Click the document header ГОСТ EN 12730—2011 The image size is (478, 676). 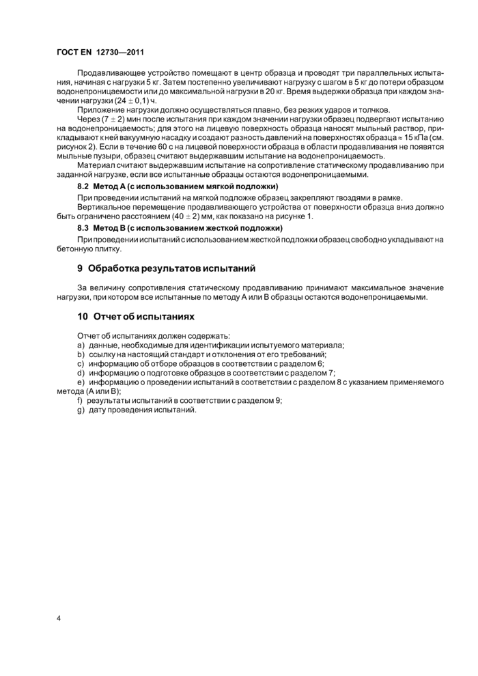coord(100,52)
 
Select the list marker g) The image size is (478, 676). coord(81,410)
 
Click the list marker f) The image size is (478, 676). coord(81,400)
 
